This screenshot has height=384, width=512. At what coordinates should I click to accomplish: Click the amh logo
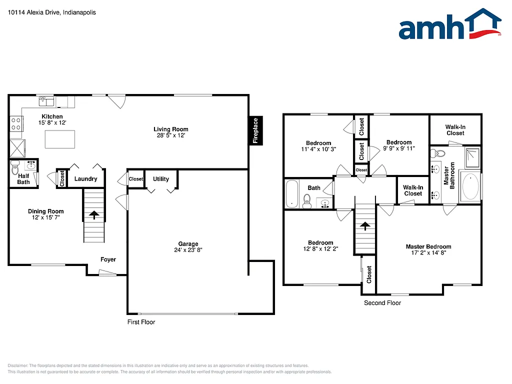point(449,25)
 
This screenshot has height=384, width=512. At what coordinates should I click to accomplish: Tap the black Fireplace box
point(255,130)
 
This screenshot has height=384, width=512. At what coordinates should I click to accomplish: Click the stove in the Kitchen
point(16,123)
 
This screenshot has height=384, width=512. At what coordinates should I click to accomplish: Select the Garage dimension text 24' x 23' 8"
point(188,250)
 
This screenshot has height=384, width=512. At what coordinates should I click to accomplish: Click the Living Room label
point(171,129)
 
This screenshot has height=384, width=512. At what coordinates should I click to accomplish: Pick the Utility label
point(161,179)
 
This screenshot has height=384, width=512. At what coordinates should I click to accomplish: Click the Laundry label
point(85,179)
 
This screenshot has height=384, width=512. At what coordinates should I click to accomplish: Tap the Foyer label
point(108,259)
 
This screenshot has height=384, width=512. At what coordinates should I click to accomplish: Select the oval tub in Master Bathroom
point(470,186)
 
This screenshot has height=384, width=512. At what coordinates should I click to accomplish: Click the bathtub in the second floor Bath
point(292,194)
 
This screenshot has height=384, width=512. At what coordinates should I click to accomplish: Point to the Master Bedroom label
point(428,246)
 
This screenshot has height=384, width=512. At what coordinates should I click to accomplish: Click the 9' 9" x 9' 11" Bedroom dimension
point(399,148)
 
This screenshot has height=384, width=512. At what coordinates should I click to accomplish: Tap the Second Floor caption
point(382,302)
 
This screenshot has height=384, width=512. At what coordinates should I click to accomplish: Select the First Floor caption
point(141,322)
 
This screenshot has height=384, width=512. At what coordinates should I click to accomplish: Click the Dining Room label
point(45,211)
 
